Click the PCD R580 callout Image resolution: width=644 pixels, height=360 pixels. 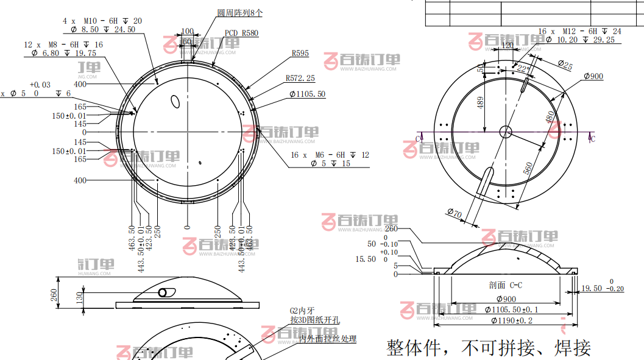pos(241,34)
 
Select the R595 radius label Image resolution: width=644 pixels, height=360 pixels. pos(299,54)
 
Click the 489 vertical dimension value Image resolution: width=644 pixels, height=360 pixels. pos(481,104)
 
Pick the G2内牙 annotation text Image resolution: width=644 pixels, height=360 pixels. pos(303,311)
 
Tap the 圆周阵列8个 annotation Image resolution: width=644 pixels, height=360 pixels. pos(240,12)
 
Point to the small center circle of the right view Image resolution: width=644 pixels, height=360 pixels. pos(506,131)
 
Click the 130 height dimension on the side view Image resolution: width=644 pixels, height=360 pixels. pos(79,297)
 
